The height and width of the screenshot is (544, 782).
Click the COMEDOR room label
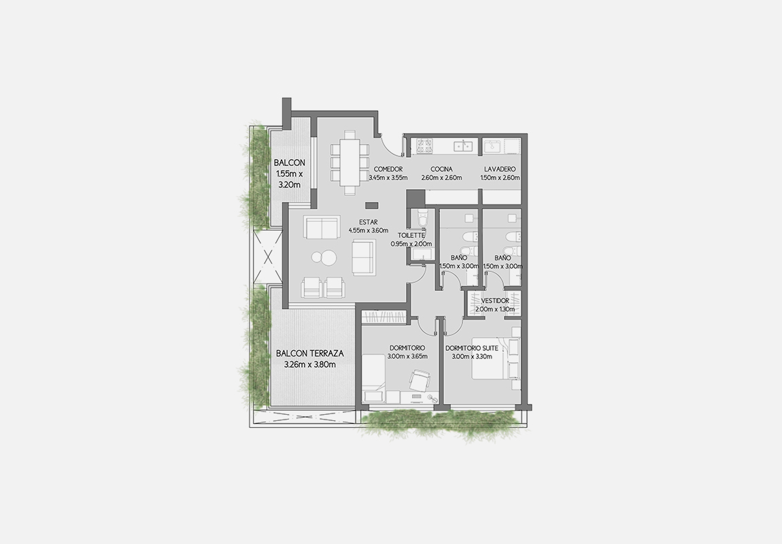point(388,169)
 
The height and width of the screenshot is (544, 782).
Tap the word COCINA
point(441,169)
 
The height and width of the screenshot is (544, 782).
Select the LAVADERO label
point(500,169)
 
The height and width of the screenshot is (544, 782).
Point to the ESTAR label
point(368,222)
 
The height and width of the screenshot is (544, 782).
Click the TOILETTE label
point(411,235)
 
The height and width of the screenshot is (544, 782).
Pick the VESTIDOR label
point(495,301)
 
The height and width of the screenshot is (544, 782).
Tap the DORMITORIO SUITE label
point(472,348)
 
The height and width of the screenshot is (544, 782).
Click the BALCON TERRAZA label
point(309,354)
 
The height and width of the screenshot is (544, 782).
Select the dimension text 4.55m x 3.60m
point(368,231)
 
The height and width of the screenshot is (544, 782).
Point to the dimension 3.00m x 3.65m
point(407,356)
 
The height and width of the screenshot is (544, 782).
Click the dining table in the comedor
point(349,162)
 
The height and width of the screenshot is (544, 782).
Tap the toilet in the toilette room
point(422,218)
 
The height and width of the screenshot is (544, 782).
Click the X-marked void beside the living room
point(268,258)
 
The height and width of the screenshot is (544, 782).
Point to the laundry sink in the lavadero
point(493,147)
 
